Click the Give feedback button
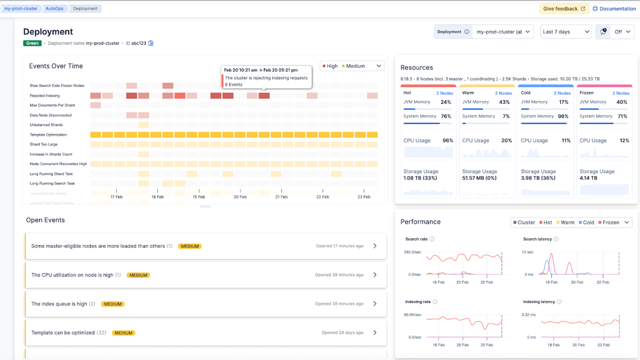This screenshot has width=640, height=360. pos(564,8)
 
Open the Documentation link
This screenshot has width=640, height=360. pos(614,8)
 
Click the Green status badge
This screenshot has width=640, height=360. pos(32,43)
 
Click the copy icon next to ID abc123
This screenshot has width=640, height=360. pos(151,43)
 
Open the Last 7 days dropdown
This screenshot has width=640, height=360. pos(566,31)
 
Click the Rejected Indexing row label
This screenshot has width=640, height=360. pos(45,95)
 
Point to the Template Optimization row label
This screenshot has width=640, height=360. pos(48,134)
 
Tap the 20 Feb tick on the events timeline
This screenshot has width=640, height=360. pos(240,196)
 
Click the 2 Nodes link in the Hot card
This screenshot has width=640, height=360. pos(444,93)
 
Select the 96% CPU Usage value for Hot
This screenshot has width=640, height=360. pos(447,140)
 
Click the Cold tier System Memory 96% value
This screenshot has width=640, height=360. pos(563,116)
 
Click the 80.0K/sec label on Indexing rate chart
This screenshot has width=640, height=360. pos(412,314)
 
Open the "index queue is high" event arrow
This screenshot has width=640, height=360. pos(375,303)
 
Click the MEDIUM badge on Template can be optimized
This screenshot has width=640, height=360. pos(122,333)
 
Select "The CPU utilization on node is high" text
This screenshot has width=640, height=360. pos(72,275)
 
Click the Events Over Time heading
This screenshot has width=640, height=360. pos(56,66)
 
